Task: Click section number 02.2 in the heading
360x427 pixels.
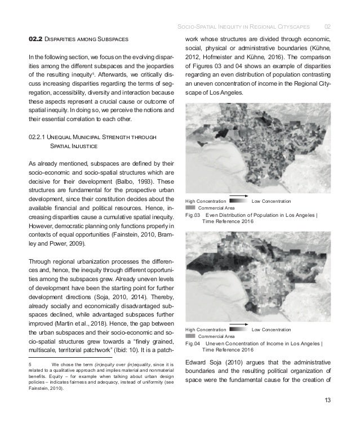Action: (37, 39)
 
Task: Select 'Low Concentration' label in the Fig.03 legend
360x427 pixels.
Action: (271, 201)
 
